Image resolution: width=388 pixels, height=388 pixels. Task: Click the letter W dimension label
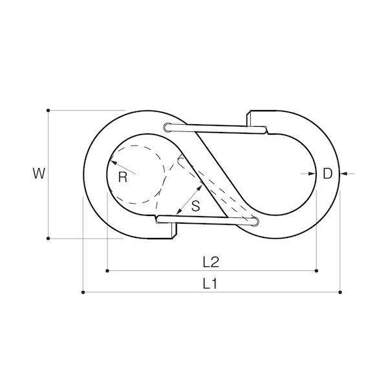39,173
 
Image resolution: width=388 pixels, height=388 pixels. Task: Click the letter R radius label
123,177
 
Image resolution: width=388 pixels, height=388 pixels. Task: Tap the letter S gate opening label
196,206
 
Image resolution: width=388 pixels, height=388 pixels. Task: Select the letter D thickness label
328,174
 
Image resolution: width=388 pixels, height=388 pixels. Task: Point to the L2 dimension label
211,262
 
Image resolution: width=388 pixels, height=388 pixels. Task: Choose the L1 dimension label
210,284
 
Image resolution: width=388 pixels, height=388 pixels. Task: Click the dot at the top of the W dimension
48,111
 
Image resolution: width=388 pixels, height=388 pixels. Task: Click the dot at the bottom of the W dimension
48,239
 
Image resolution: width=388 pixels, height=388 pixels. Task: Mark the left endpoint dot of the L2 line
107,271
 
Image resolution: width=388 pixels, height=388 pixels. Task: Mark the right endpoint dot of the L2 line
316,271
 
